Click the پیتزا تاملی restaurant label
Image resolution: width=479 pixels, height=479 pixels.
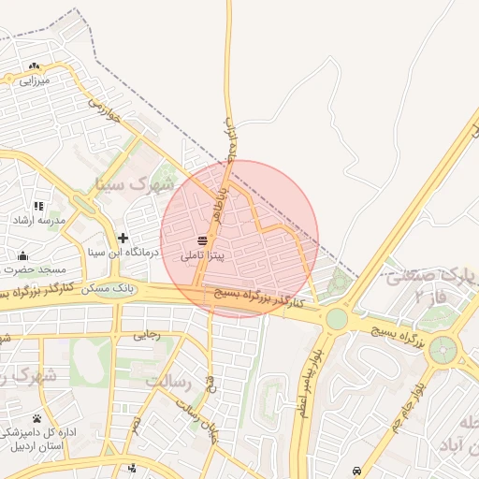tap(203, 254)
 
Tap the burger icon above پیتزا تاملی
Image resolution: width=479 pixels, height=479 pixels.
tap(203, 240)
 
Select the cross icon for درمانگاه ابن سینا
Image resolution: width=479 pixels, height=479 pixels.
tap(123, 238)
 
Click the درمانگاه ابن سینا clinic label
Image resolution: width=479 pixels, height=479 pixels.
tap(123, 252)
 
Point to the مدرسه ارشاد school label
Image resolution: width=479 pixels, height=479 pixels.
tap(38, 220)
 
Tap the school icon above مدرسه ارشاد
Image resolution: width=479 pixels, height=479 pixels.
tap(38, 206)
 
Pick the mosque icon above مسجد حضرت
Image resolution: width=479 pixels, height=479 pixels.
tap(22, 255)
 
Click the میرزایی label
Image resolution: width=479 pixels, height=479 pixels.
tap(34, 81)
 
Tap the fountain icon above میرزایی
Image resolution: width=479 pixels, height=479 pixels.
tap(35, 66)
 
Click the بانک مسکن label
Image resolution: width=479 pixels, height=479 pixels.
tap(109, 289)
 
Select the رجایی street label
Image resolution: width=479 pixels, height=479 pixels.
tap(147, 334)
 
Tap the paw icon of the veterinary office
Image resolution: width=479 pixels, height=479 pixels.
tap(36, 418)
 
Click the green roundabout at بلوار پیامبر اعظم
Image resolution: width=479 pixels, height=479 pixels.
tap(337, 319)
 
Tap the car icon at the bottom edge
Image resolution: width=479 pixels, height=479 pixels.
tap(356, 470)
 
